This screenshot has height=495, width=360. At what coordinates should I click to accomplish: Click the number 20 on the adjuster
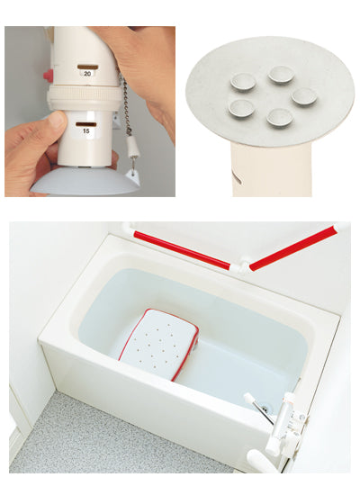[x=87, y=74]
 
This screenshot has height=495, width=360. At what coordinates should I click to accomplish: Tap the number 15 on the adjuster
[x=85, y=130]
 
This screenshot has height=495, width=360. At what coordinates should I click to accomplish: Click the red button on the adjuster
[x=48, y=75]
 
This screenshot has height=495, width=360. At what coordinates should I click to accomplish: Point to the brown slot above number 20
[x=88, y=67]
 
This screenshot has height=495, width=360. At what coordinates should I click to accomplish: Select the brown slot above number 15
[x=85, y=124]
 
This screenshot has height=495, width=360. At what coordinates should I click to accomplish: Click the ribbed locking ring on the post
[x=84, y=95]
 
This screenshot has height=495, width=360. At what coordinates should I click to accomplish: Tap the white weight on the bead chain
[x=133, y=146]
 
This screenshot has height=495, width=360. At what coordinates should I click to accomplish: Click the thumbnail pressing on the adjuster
[x=58, y=120]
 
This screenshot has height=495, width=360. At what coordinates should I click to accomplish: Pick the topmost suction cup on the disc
[x=282, y=75]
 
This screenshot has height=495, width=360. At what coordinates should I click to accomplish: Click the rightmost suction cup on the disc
[x=304, y=96]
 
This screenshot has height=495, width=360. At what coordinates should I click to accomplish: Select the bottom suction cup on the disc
[x=280, y=117]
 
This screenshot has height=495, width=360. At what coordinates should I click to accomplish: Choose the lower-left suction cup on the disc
[x=242, y=108]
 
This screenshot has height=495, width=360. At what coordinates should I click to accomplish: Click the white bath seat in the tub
[x=158, y=344]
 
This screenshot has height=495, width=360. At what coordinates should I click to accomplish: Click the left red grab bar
[x=182, y=250]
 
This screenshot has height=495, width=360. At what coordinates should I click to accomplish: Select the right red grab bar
[x=292, y=248]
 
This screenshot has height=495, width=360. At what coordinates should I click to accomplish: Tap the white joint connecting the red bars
[x=241, y=266]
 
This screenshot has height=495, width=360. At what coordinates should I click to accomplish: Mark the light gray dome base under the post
[x=85, y=182]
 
